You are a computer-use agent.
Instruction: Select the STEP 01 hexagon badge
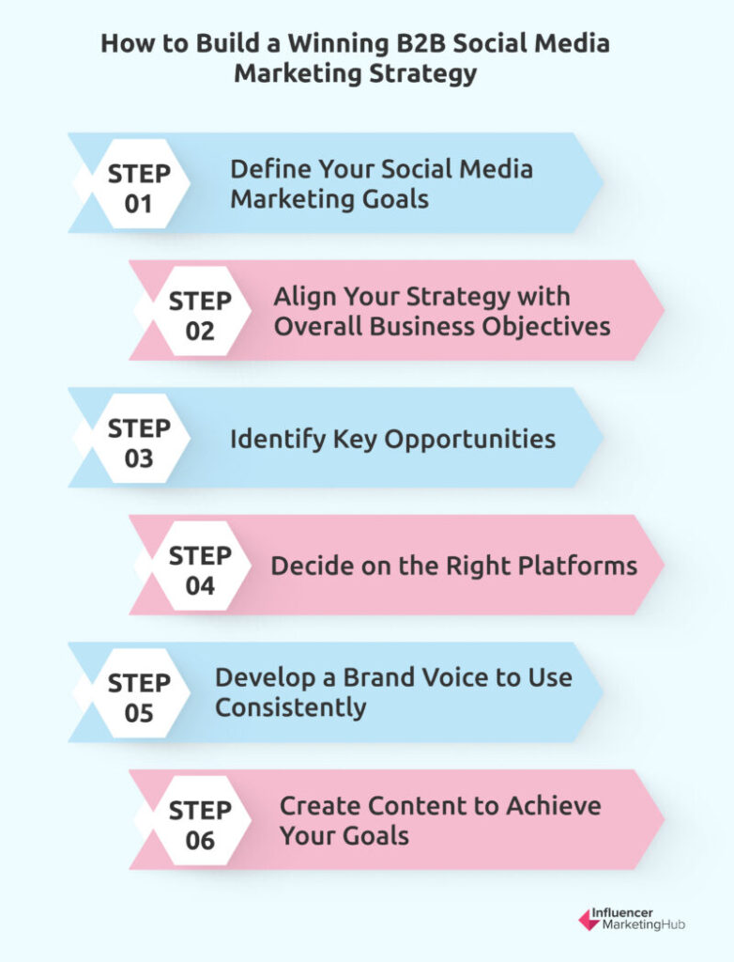pyautogui.click(x=139, y=184)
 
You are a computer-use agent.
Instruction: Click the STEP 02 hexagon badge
pyautogui.click(x=201, y=311)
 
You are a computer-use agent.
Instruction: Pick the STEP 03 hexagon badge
pyautogui.click(x=139, y=439)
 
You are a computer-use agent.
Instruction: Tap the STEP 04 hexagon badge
pyautogui.click(x=201, y=566)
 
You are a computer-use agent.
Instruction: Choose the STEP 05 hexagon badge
pyautogui.click(x=139, y=693)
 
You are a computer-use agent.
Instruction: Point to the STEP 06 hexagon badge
pyautogui.click(x=201, y=820)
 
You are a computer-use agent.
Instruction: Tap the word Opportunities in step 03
pyautogui.click(x=469, y=441)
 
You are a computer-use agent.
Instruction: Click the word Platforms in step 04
pyautogui.click(x=578, y=566)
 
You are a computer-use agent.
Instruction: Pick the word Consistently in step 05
pyautogui.click(x=291, y=708)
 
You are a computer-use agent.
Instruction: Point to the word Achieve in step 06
pyautogui.click(x=554, y=806)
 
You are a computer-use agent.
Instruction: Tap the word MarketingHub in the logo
pyautogui.click(x=643, y=924)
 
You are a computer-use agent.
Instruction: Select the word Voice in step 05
pyautogui.click(x=452, y=677)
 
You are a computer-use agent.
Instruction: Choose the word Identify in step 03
pyautogui.click(x=278, y=441)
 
